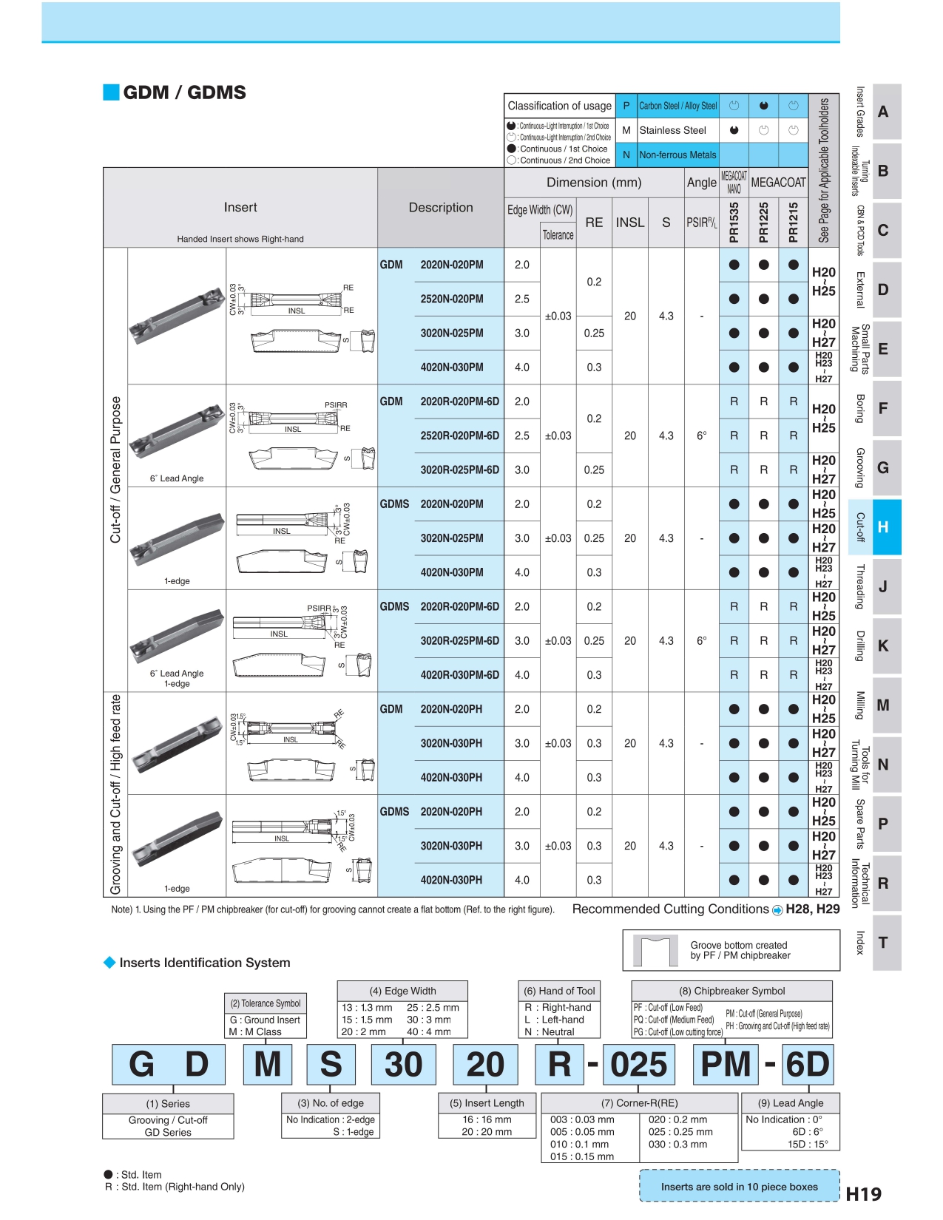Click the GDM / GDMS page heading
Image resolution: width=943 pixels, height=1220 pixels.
184,92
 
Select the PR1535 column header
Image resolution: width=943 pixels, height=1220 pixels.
734,222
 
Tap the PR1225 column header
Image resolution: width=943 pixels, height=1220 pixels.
763,222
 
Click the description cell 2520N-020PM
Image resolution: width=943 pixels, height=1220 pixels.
451,299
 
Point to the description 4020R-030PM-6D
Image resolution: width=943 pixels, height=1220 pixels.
459,674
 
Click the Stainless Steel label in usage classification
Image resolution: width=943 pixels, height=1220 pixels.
672,130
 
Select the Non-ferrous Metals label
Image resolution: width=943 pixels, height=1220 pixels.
677,155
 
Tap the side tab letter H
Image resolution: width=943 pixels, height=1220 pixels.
882,527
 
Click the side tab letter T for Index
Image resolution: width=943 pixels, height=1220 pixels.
882,943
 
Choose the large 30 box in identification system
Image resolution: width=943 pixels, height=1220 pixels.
403,1065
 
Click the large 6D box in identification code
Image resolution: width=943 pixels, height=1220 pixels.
807,1065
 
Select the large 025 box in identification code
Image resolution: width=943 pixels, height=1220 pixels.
639,1065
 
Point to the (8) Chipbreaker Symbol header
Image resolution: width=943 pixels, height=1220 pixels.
731,991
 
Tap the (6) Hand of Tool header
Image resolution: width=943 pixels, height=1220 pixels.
559,991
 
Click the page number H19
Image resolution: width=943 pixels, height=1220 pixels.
863,1193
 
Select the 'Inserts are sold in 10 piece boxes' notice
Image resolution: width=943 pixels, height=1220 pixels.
739,1187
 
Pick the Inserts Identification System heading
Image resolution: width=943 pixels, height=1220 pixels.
205,963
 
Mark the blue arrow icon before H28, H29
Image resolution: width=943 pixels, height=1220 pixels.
777,910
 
